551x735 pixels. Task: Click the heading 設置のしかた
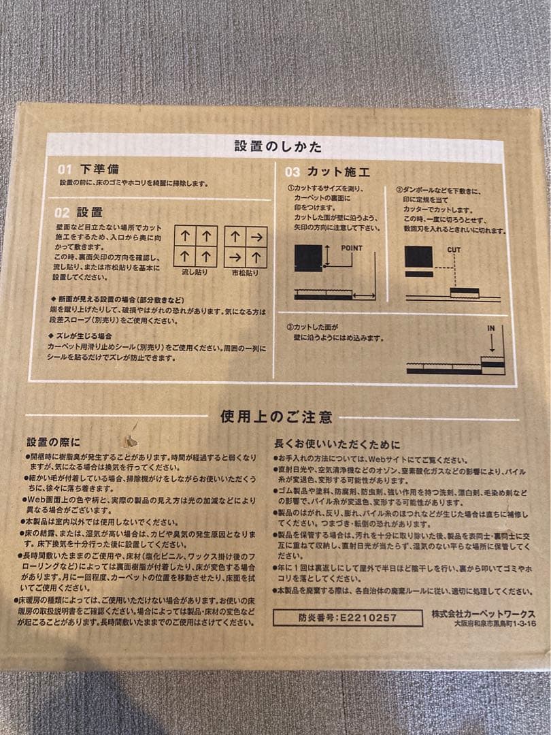tap(278, 146)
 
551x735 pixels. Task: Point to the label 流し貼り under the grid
tap(195, 272)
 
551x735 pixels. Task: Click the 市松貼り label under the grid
tap(245, 272)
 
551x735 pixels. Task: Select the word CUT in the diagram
tap(453, 250)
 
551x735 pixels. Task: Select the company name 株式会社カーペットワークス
tap(483, 613)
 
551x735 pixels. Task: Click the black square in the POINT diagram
tap(308, 259)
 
